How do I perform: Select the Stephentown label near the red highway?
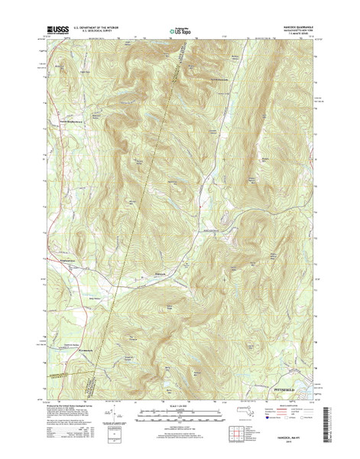click(x=69, y=265)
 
